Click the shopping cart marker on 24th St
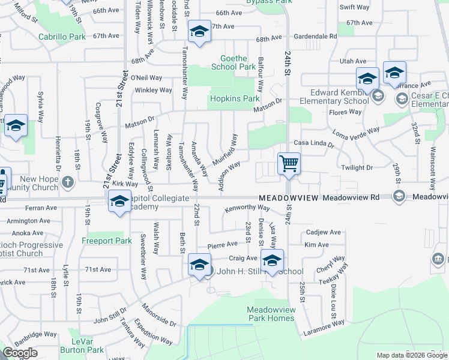[289, 164]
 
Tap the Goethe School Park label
[234, 63]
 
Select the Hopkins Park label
[234, 98]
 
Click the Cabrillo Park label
[62, 37]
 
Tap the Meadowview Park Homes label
[271, 314]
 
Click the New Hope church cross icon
[67, 181]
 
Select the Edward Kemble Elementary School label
[339, 97]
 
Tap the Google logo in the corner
[20, 353]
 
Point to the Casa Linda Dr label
[313, 144]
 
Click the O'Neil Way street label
[146, 78]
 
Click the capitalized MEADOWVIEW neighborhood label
[288, 197]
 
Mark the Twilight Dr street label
[357, 168]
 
